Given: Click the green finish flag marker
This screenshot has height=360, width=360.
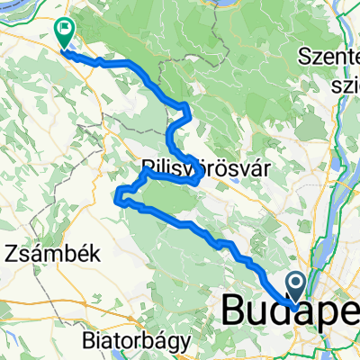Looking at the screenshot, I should [x=65, y=32].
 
